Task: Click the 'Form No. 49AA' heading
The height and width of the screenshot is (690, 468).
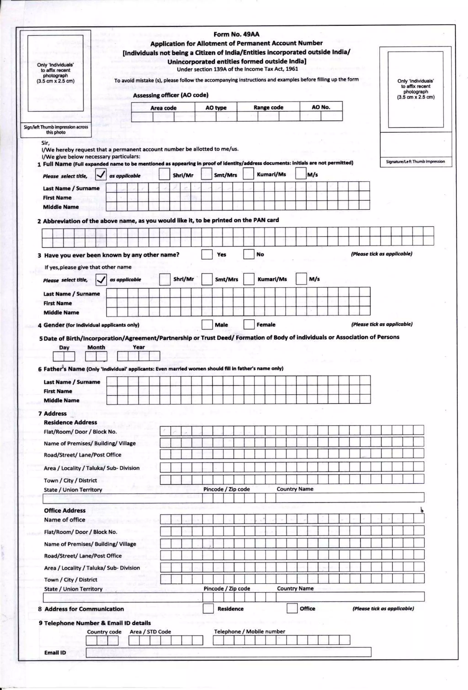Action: (x=236, y=34)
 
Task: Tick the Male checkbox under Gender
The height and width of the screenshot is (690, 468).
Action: (x=207, y=325)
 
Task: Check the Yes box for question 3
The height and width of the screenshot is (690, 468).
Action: (x=207, y=254)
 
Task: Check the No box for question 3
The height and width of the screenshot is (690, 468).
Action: (x=248, y=254)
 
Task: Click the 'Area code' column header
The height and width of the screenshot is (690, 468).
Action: (x=163, y=108)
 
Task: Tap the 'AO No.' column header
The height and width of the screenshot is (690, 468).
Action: (x=321, y=107)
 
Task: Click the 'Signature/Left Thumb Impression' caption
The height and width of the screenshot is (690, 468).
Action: (x=415, y=161)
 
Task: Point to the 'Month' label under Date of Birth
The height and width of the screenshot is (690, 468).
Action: (x=96, y=347)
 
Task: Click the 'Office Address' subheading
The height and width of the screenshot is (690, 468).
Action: (x=64, y=510)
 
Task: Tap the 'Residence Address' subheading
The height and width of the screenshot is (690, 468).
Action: (x=70, y=422)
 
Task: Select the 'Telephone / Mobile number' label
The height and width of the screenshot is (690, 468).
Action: (x=249, y=632)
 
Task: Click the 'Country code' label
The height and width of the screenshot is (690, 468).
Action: (x=104, y=632)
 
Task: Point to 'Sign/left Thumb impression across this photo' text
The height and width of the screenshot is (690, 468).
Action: (x=56, y=130)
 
